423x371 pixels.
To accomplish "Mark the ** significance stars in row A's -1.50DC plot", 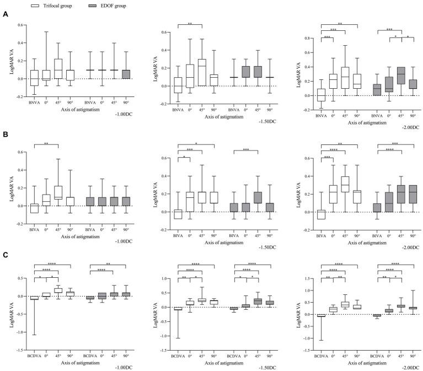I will click(190, 23).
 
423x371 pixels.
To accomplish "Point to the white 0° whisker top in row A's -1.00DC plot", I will click(46, 32).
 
